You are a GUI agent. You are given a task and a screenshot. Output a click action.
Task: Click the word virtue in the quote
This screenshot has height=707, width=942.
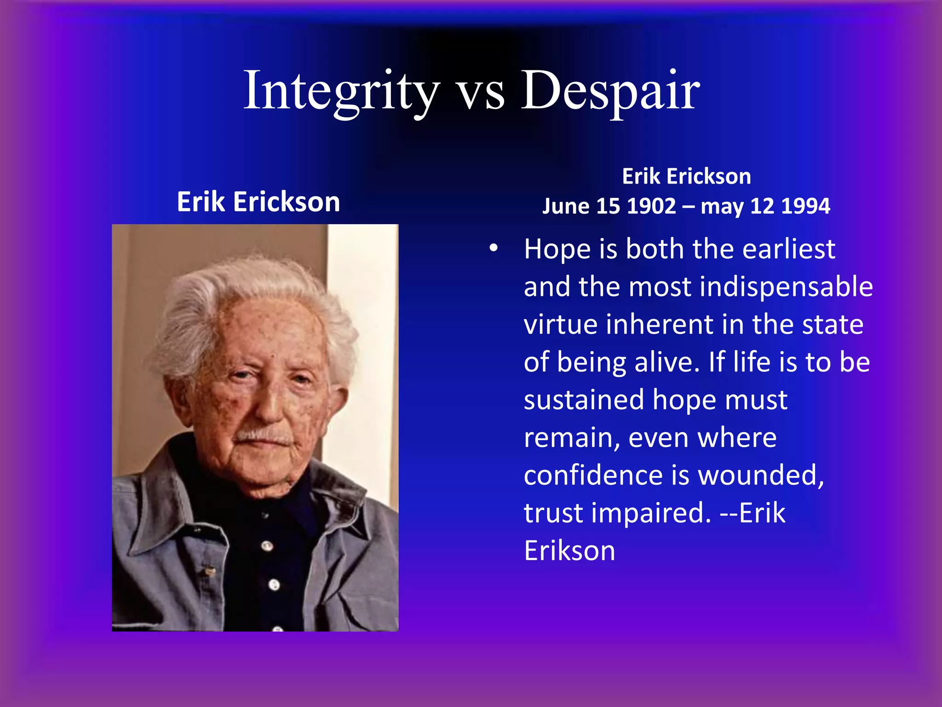(561, 325)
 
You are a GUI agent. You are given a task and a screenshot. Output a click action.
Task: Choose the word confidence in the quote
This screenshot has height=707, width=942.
(593, 475)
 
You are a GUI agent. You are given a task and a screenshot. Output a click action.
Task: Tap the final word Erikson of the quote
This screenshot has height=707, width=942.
(569, 551)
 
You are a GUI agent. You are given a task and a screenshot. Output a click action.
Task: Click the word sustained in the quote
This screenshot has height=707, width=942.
(583, 400)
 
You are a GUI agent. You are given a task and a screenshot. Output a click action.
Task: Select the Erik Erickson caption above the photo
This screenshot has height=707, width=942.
(258, 202)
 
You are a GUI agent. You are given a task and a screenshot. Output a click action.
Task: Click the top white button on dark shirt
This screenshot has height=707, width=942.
(267, 546)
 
